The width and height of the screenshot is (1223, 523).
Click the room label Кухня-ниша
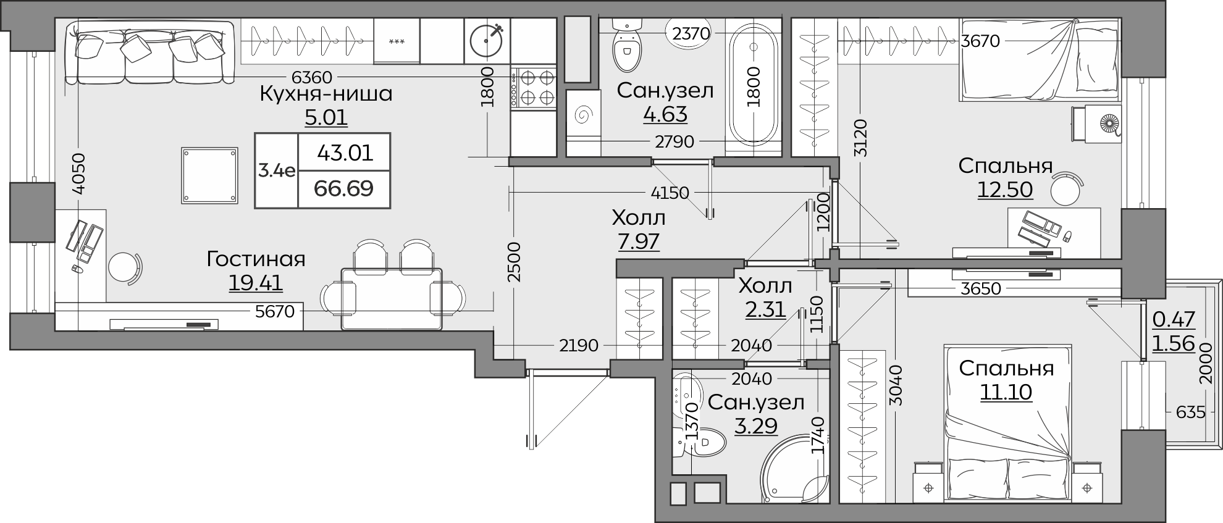326,94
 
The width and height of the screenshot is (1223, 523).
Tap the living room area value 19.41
256,283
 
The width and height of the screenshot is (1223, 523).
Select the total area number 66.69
344,188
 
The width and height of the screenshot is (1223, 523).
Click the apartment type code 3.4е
277,170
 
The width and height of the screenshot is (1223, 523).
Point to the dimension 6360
312,78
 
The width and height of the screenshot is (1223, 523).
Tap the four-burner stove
534,88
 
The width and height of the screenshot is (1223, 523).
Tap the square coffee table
210,175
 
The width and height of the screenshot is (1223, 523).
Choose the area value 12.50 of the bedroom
1005,190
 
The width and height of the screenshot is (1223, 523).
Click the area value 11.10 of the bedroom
1006,391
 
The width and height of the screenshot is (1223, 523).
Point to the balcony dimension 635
1190,412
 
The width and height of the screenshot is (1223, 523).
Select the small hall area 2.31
765,309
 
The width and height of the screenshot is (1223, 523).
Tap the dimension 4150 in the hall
670,193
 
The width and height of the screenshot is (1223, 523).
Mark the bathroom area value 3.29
756,425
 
